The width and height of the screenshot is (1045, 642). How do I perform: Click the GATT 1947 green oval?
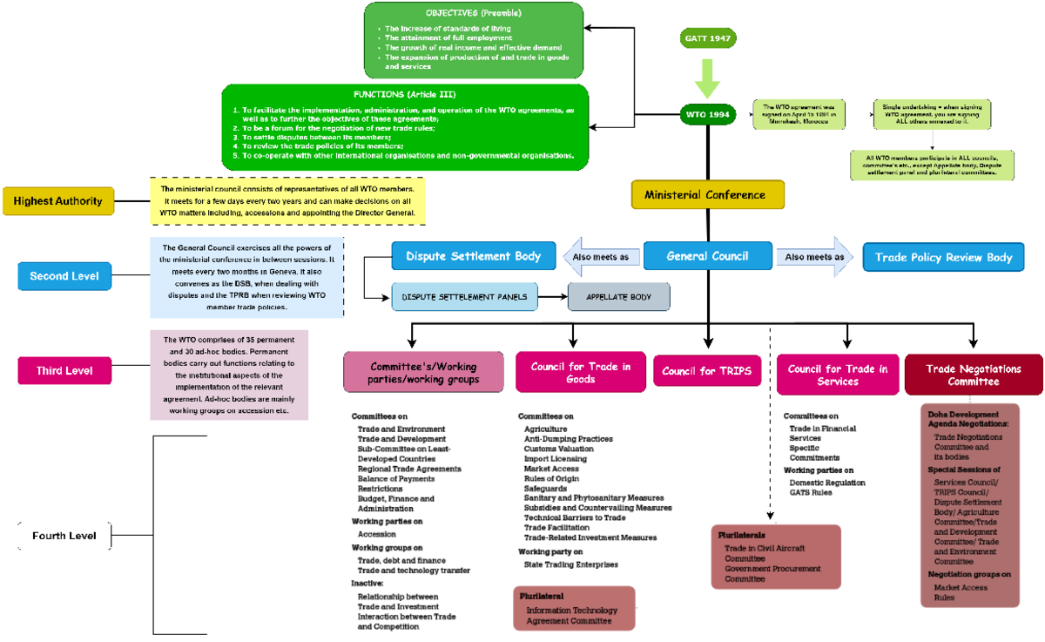[708, 39]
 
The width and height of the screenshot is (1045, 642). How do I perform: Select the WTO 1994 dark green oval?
[708, 114]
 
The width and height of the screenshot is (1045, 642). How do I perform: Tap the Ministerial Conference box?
[708, 195]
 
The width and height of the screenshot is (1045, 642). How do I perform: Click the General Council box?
[708, 256]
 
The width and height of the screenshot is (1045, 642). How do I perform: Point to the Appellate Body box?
[618, 297]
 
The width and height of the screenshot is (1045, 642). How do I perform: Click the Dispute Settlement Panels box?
[463, 297]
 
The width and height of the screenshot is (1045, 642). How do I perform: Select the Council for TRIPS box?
[708, 371]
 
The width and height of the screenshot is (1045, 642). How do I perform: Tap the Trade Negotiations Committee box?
[974, 375]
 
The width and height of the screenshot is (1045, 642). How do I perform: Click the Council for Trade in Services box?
[837, 375]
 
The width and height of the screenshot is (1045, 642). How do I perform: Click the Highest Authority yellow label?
[58, 201]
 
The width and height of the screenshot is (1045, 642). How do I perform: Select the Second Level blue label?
[64, 276]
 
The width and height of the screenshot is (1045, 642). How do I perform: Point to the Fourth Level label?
[65, 535]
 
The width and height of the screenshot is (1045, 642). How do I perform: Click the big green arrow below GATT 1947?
[708, 77]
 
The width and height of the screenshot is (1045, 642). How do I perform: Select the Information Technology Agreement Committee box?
[575, 612]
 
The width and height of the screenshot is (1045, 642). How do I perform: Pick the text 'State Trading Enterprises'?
[570, 564]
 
